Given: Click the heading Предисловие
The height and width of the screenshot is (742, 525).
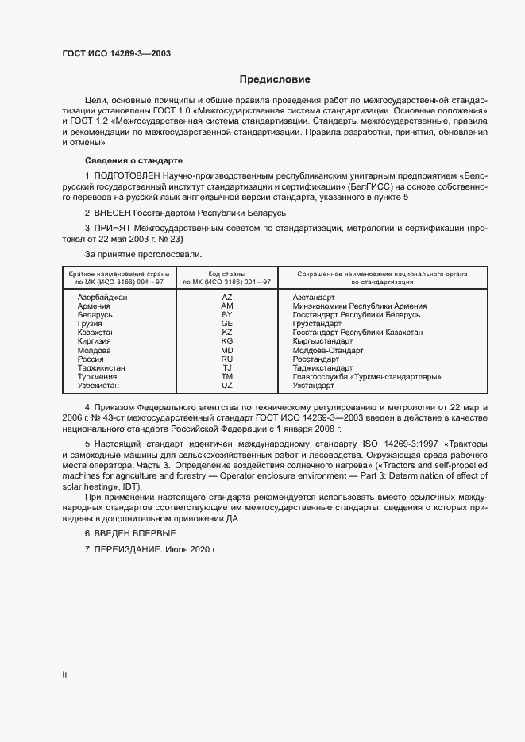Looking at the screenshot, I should [275, 79].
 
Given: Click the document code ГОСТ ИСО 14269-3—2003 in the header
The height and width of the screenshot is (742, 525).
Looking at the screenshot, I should [116, 54].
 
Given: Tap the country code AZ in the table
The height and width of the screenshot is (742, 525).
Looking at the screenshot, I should [227, 297].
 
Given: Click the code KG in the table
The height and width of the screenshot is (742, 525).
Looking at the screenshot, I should [227, 341].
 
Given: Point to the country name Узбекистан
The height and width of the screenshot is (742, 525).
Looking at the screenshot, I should [98, 386].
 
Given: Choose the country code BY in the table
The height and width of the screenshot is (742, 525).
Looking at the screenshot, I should [227, 315].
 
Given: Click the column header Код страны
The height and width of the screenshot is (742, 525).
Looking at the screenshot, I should [227, 273].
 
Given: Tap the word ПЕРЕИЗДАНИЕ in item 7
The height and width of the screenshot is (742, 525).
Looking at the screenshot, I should [129, 550].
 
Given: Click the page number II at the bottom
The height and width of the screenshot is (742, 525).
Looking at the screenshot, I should [64, 675].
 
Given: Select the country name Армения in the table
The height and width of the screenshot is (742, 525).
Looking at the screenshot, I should [95, 306].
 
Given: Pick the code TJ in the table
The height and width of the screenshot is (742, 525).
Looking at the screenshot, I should [227, 368].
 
